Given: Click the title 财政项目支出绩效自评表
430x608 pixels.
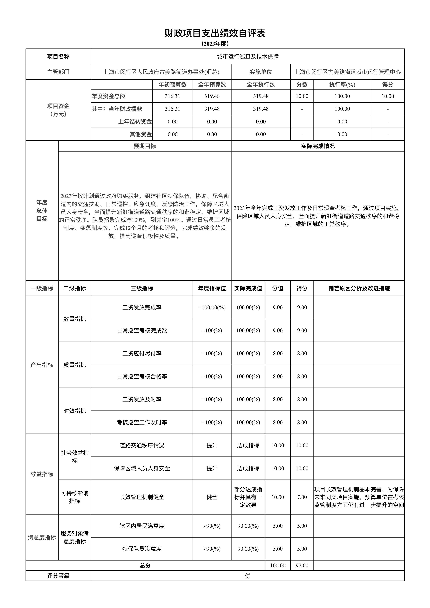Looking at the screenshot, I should point(215,33).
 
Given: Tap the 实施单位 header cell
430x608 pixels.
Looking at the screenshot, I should point(261,72).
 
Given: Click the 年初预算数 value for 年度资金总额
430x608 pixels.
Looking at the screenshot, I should point(172,96).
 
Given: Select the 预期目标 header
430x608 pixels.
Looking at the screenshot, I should point(145,146).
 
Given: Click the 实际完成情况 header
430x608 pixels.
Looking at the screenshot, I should point(318,146).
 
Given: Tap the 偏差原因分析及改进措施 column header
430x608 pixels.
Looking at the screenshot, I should point(359,288).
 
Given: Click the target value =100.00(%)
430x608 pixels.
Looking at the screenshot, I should point(212,307).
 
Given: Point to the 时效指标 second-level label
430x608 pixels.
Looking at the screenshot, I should point(75,411).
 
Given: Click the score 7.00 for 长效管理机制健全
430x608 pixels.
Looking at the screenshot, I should point(302,497).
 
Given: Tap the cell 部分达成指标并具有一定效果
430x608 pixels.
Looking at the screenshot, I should point(248,497).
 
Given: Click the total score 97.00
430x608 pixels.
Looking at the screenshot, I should point(302,565).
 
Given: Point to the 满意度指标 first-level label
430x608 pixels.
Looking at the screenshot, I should point(42,537).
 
